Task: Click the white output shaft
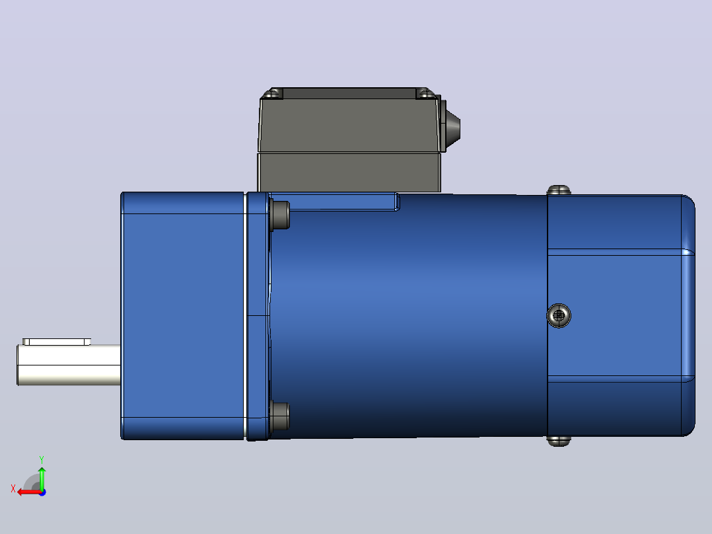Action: pyautogui.click(x=69, y=365)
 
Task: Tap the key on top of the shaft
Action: pyautogui.click(x=57, y=342)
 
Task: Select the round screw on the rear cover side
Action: pyautogui.click(x=559, y=315)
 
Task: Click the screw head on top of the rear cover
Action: pyautogui.click(x=559, y=190)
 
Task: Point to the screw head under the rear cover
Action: pyautogui.click(x=559, y=441)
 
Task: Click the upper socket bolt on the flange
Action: pyautogui.click(x=280, y=215)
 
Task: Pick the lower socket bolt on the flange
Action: pyautogui.click(x=280, y=416)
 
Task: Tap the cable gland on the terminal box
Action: pyautogui.click(x=450, y=124)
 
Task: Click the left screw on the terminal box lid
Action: pyautogui.click(x=273, y=94)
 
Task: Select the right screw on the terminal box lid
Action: pyautogui.click(x=425, y=94)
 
